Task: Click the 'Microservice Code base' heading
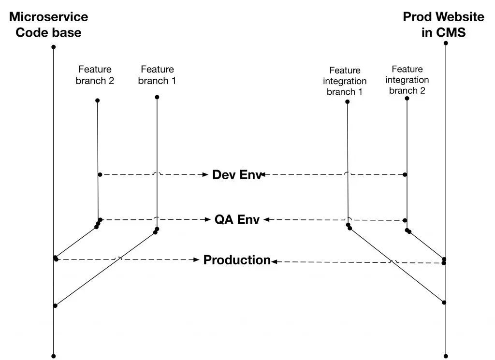pos(48,25)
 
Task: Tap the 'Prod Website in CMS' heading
pos(443,25)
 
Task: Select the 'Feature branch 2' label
pos(95,75)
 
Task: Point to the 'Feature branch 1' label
pos(157,75)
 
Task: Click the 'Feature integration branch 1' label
pos(345,81)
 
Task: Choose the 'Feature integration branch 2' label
pos(407,80)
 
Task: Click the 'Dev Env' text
pos(237,174)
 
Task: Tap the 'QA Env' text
pos(237,219)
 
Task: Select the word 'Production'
pos(237,259)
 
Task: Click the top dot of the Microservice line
pos(54,47)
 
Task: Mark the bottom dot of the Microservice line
pos(54,356)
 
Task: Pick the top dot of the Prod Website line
pos(446,43)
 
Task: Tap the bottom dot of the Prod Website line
pos(446,356)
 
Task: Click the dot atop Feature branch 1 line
pos(157,97)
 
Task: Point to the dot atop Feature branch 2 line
pos(98,101)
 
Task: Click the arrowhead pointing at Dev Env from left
pos(205,174)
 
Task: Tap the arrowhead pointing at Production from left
pos(197,259)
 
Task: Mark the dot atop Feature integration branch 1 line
pos(347,101)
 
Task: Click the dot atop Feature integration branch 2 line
pos(407,99)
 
